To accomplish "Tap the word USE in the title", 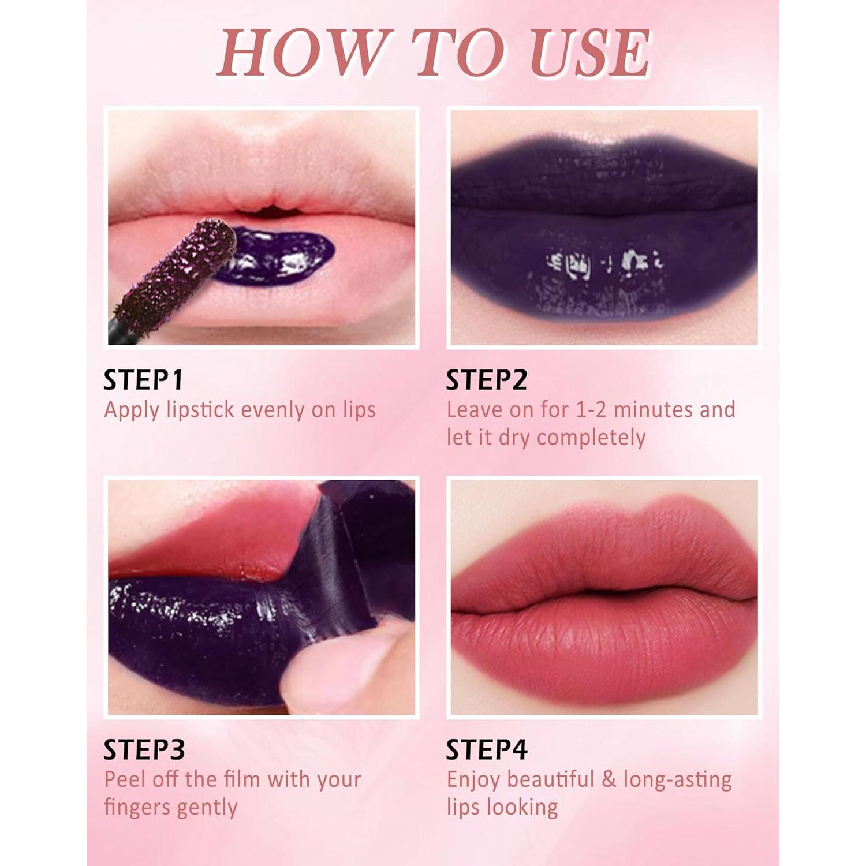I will pos(590,53).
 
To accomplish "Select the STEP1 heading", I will pos(143,380).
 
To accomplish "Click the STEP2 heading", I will pos(487,380).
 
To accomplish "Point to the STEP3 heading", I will pos(144,749).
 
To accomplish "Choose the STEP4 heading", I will pos(487,749).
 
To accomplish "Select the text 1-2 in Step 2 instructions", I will pos(591,410).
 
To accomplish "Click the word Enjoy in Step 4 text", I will pos(473,779).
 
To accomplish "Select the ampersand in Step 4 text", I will pos(609,779).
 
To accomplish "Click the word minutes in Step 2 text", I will pos(653,410).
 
